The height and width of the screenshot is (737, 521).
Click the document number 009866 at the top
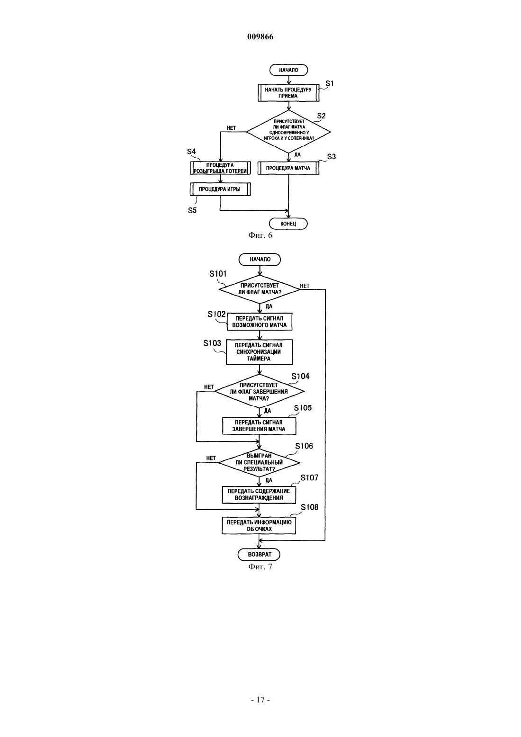(260, 36)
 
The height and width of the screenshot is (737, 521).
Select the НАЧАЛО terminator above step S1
(288, 70)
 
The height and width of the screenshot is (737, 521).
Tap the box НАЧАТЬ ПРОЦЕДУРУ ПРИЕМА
(288, 93)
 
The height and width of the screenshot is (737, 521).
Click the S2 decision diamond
(288, 132)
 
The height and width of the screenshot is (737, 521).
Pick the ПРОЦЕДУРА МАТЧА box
(288, 168)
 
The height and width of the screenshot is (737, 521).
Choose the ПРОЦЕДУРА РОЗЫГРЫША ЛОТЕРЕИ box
(220, 168)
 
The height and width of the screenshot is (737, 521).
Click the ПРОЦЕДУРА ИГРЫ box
(220, 189)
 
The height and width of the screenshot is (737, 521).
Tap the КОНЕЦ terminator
(288, 224)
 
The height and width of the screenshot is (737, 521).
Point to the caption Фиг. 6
(260, 235)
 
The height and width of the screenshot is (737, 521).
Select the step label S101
(218, 274)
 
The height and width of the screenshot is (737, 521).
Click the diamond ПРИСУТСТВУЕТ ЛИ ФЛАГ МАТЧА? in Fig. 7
(260, 289)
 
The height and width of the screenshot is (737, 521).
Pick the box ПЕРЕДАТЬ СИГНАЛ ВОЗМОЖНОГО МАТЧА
(260, 322)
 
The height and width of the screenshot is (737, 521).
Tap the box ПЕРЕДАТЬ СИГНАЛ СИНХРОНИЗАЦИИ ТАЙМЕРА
(260, 352)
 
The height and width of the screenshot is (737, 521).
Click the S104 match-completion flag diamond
(260, 392)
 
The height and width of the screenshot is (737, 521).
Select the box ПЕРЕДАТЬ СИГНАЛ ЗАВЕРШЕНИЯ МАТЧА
(259, 426)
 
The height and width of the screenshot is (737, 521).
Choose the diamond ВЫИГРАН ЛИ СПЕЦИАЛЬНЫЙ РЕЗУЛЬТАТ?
(260, 463)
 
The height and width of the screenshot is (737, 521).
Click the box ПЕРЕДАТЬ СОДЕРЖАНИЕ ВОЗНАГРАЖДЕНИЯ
(259, 494)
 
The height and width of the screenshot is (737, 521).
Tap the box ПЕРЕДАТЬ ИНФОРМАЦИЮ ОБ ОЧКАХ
(259, 526)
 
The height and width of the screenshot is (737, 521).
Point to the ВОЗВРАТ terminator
(260, 555)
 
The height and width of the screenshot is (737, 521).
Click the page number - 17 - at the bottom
(260, 700)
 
